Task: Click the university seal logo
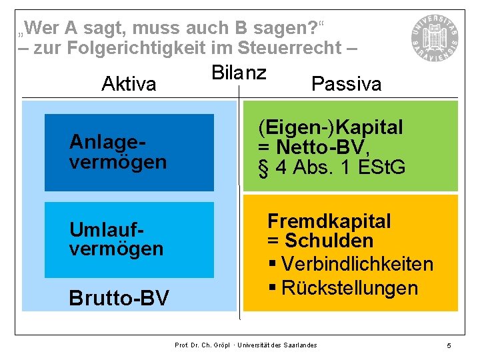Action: point(435,32)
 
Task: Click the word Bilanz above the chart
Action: point(239,73)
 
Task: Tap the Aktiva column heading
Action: point(129,84)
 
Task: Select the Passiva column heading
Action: point(346,84)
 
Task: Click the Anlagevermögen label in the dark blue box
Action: point(118,152)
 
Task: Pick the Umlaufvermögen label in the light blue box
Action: point(116,239)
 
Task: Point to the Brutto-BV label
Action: point(119,298)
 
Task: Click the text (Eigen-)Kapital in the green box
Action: point(331,127)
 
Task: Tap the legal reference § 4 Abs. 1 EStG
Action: point(332,167)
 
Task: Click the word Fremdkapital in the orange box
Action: point(329,221)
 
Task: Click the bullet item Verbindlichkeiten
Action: point(357,264)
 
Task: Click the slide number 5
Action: point(449,345)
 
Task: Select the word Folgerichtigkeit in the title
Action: point(141,48)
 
